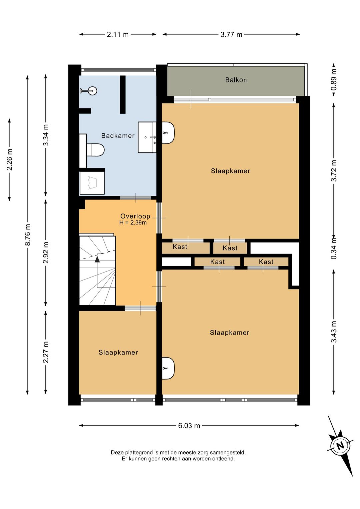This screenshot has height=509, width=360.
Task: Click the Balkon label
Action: [x=236, y=80]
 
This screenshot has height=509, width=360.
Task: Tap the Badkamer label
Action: [x=118, y=136]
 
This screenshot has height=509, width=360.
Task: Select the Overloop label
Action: [x=135, y=216]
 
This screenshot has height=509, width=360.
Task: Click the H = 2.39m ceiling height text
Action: [x=133, y=222]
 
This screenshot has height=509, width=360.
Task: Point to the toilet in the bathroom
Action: [x=95, y=150]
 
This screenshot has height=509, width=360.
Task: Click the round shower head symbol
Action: [x=92, y=91]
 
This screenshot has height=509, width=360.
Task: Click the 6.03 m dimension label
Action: [x=189, y=426]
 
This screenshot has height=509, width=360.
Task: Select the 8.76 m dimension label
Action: [x=27, y=235]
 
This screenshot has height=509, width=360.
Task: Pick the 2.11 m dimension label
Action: [x=118, y=35]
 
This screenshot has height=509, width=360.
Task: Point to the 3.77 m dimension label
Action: [x=231, y=35]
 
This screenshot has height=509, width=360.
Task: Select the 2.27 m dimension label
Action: [x=46, y=353]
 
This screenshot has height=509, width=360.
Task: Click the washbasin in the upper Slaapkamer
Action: [x=168, y=133]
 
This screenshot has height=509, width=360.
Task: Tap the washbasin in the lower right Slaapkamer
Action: [x=168, y=368]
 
